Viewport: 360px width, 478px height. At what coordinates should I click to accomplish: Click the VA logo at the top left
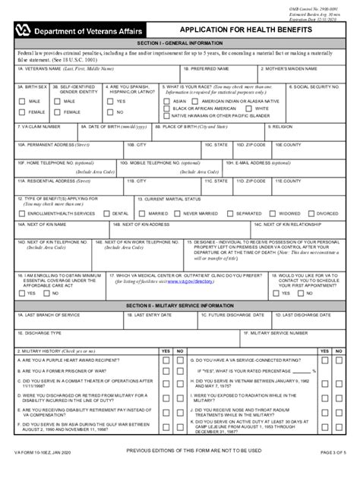point(24,31)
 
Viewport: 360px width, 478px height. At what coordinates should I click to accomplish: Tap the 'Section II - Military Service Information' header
point(179,303)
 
